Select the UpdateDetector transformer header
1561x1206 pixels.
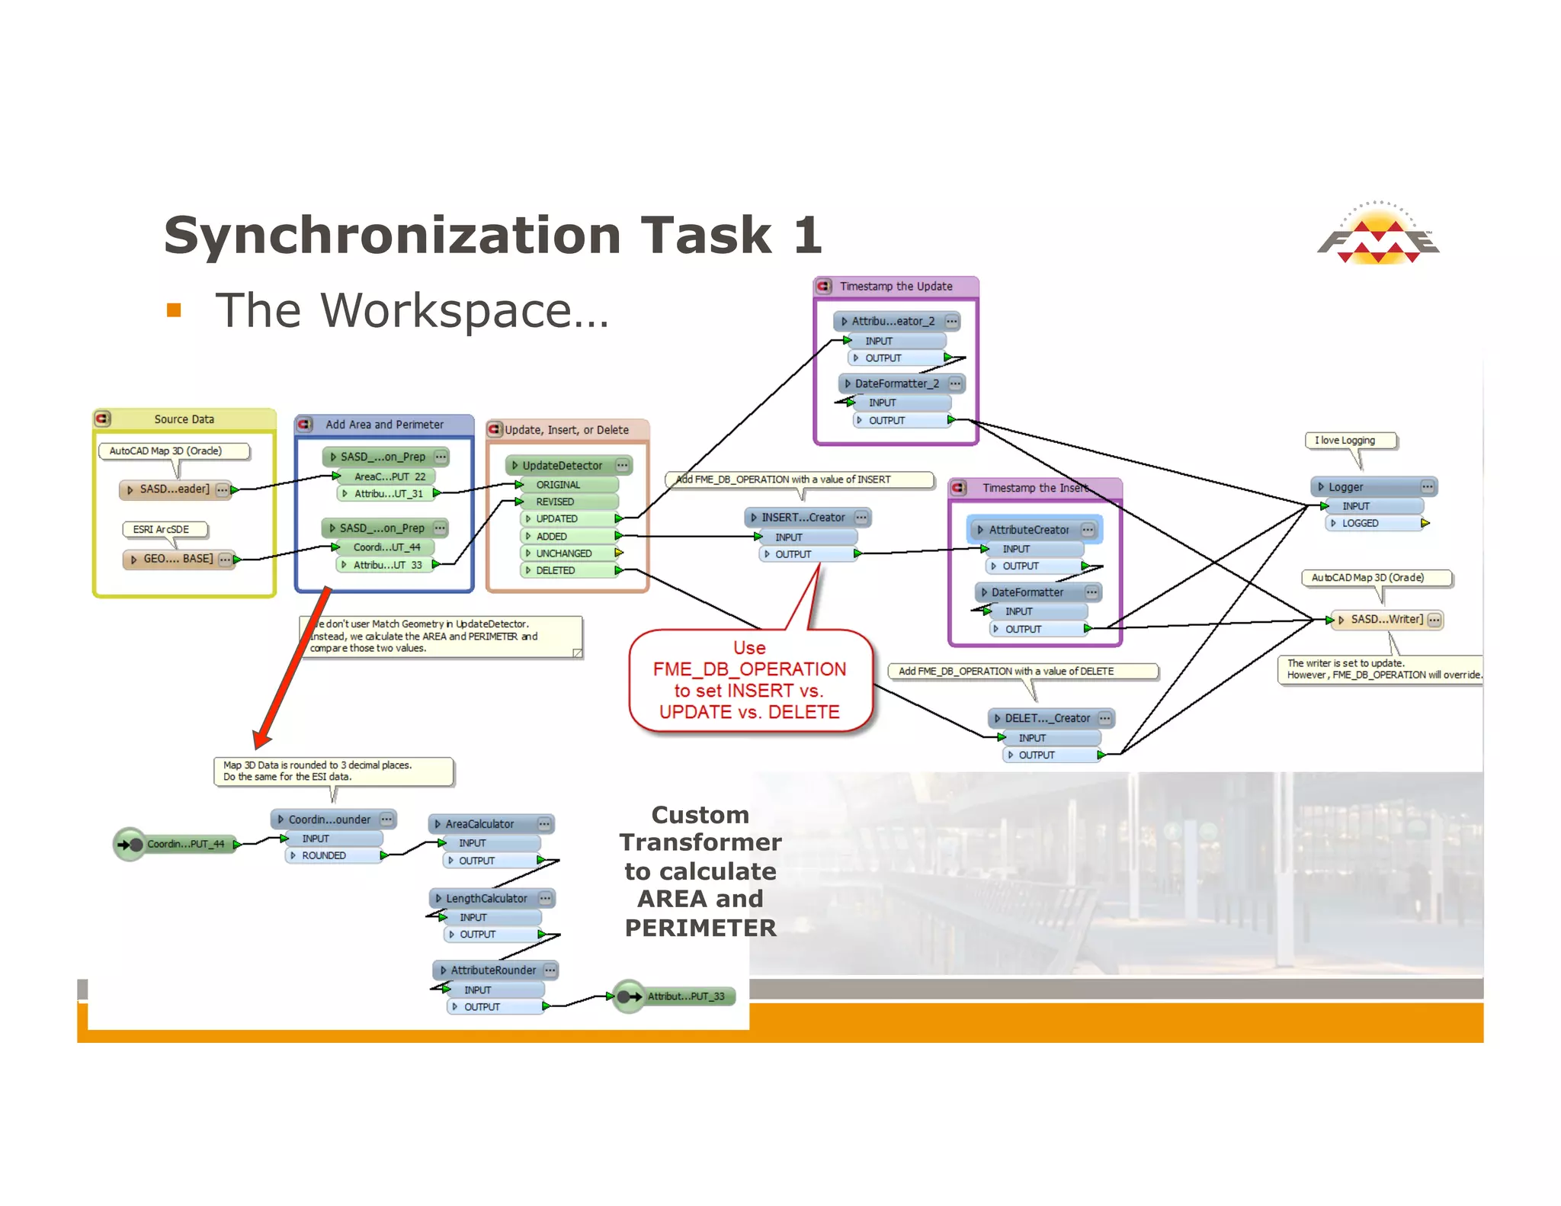pos(562,465)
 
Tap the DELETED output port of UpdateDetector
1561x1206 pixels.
pos(555,570)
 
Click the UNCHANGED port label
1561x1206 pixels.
pos(563,553)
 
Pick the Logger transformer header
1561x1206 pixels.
pos(1345,487)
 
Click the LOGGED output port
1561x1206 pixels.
pos(1360,523)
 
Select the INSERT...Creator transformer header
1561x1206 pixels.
pos(803,518)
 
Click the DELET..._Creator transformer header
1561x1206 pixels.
pos(1047,718)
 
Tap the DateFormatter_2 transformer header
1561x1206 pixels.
pos(896,383)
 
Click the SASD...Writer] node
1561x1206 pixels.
pos(1386,620)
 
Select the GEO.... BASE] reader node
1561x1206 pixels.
pos(178,559)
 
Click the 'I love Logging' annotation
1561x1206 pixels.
pos(1350,441)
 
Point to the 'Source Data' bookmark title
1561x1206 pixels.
pos(184,419)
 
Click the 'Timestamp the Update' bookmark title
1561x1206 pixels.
pos(896,287)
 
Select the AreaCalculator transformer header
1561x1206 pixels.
pos(479,824)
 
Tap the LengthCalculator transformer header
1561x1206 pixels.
pos(486,899)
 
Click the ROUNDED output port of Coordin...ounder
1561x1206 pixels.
pos(324,855)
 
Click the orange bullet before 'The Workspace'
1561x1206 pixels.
pos(174,310)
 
